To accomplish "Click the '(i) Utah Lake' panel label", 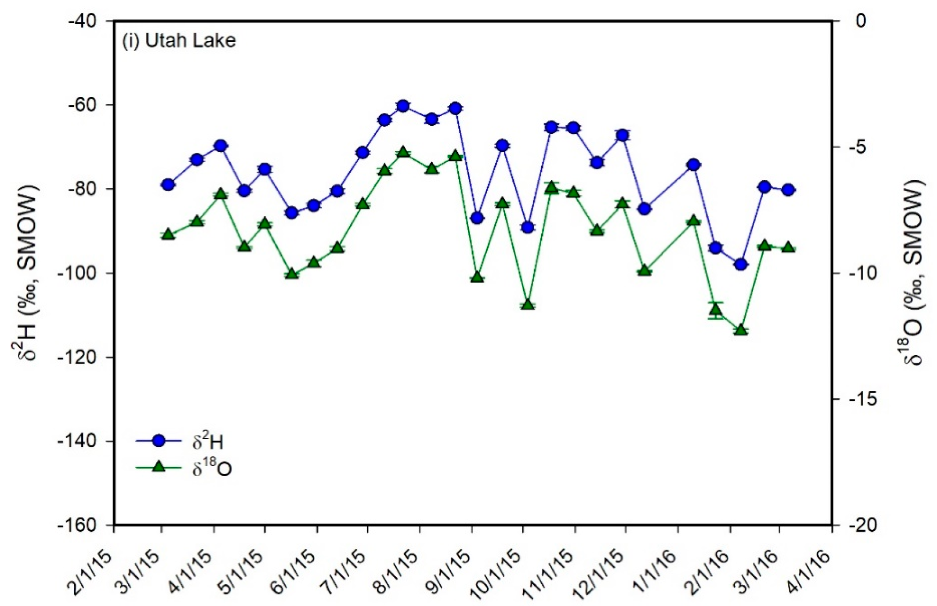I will (x=179, y=41).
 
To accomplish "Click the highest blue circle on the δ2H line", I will (x=403, y=106).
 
